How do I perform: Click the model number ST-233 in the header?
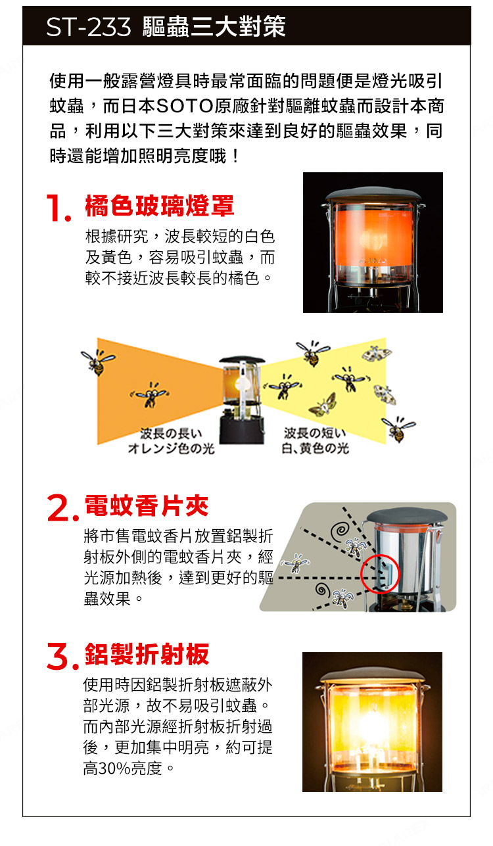click(88, 27)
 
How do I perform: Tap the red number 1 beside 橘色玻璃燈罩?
click(59, 208)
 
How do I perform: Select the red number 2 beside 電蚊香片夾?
click(62, 508)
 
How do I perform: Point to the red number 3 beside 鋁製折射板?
click(62, 657)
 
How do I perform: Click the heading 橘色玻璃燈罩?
click(160, 206)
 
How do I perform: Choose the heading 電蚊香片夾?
click(147, 505)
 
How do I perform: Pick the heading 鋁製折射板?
click(147, 654)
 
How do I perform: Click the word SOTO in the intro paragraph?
click(185, 106)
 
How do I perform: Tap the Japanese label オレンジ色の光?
click(171, 448)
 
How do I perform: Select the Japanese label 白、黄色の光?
click(315, 448)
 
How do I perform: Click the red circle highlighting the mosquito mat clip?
click(380, 574)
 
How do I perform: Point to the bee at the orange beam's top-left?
click(97, 361)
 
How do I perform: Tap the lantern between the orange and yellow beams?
click(241, 400)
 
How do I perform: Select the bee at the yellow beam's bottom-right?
click(398, 429)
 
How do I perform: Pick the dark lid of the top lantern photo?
click(373, 195)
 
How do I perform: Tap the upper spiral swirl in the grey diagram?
click(340, 531)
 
